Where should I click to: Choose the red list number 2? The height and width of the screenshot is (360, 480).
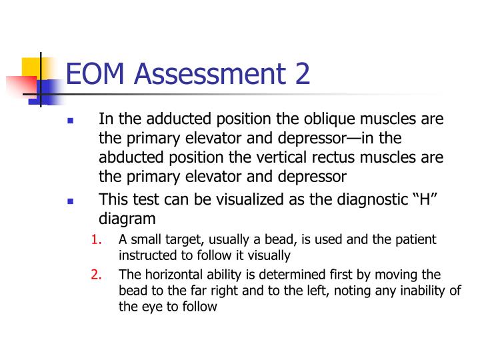[x=96, y=275]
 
